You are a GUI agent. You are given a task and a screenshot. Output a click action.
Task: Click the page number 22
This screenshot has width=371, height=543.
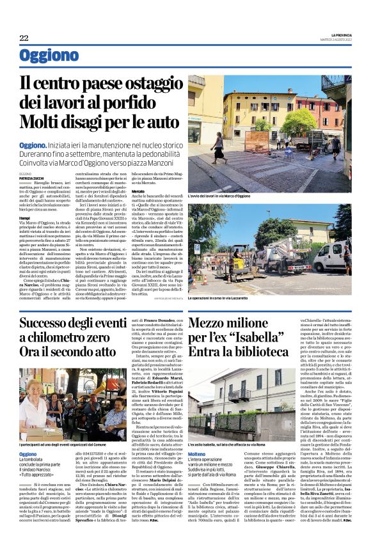[x=24, y=38]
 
